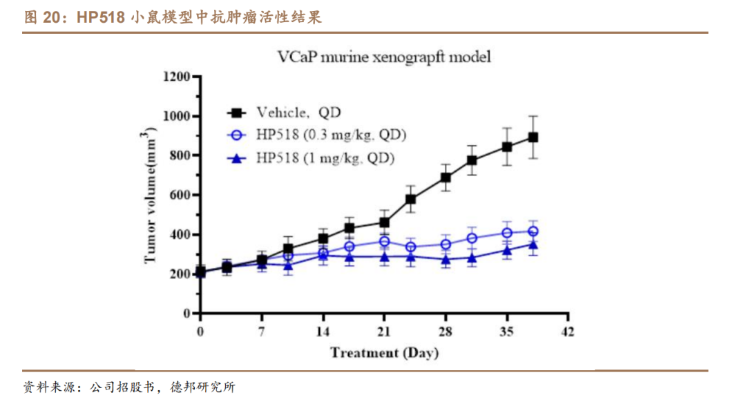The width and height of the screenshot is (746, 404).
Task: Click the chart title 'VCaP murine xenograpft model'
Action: tap(384, 57)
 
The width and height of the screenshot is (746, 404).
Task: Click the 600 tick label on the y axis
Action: tap(180, 195)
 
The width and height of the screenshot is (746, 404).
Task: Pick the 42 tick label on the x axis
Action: tap(567, 331)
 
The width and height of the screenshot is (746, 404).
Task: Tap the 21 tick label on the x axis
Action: tap(384, 331)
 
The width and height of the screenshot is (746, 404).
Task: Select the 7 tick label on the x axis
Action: tap(262, 331)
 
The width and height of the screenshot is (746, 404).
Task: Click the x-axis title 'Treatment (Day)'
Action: tap(384, 353)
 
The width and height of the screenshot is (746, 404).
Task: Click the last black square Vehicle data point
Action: tap(533, 137)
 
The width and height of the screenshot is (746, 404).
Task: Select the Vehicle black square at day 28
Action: tap(446, 177)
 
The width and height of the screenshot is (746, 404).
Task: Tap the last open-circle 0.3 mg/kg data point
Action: tap(533, 231)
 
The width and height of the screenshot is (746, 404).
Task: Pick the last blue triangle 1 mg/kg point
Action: tap(533, 244)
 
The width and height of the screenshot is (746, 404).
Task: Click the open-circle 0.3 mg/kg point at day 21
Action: tap(384, 242)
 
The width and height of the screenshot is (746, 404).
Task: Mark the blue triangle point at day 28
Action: tap(446, 260)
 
